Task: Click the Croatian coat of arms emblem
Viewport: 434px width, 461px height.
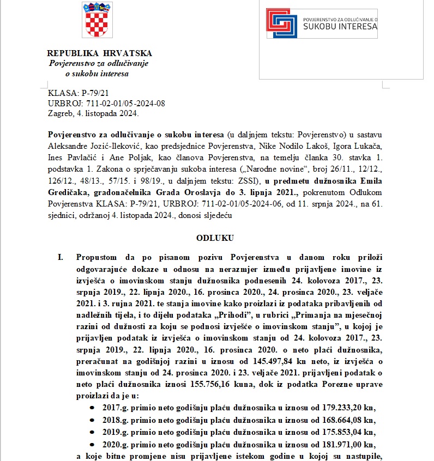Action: tap(97, 20)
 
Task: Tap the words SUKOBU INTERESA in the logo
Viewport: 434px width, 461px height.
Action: tap(340, 26)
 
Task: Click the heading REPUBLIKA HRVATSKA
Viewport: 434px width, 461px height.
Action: tap(99, 53)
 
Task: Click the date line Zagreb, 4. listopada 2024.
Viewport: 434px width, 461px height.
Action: tap(93, 113)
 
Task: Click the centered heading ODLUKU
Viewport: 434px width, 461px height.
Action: tap(215, 238)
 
